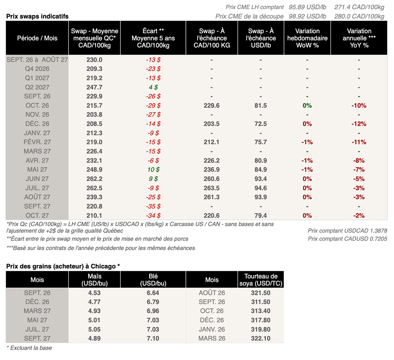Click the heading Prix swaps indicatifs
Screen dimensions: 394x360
tap(37, 16)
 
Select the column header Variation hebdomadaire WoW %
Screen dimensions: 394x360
tap(307, 38)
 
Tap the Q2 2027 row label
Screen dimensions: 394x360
tap(37, 87)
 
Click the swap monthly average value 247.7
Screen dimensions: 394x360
tap(95, 87)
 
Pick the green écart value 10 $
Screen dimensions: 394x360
tap(153, 170)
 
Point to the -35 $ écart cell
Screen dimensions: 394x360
tap(153, 206)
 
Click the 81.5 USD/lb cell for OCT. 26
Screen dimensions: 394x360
tap(260, 105)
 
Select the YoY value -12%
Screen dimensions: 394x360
tap(359, 124)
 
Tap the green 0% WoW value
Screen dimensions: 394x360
tap(307, 105)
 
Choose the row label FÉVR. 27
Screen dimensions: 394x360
tap(37, 142)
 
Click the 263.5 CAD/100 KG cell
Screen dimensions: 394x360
tap(212, 188)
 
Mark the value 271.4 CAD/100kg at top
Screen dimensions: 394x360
tap(359, 7)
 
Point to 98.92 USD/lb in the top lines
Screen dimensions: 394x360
tap(307, 16)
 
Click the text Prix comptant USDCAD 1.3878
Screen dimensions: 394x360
tap(347, 231)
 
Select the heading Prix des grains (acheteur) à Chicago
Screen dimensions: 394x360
tap(63, 266)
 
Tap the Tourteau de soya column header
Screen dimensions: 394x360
tap(261, 280)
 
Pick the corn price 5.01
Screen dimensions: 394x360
tap(95, 320)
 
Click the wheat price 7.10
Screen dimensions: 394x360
tap(153, 338)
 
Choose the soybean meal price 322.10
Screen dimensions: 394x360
tap(260, 338)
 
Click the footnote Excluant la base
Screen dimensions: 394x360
tap(29, 348)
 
